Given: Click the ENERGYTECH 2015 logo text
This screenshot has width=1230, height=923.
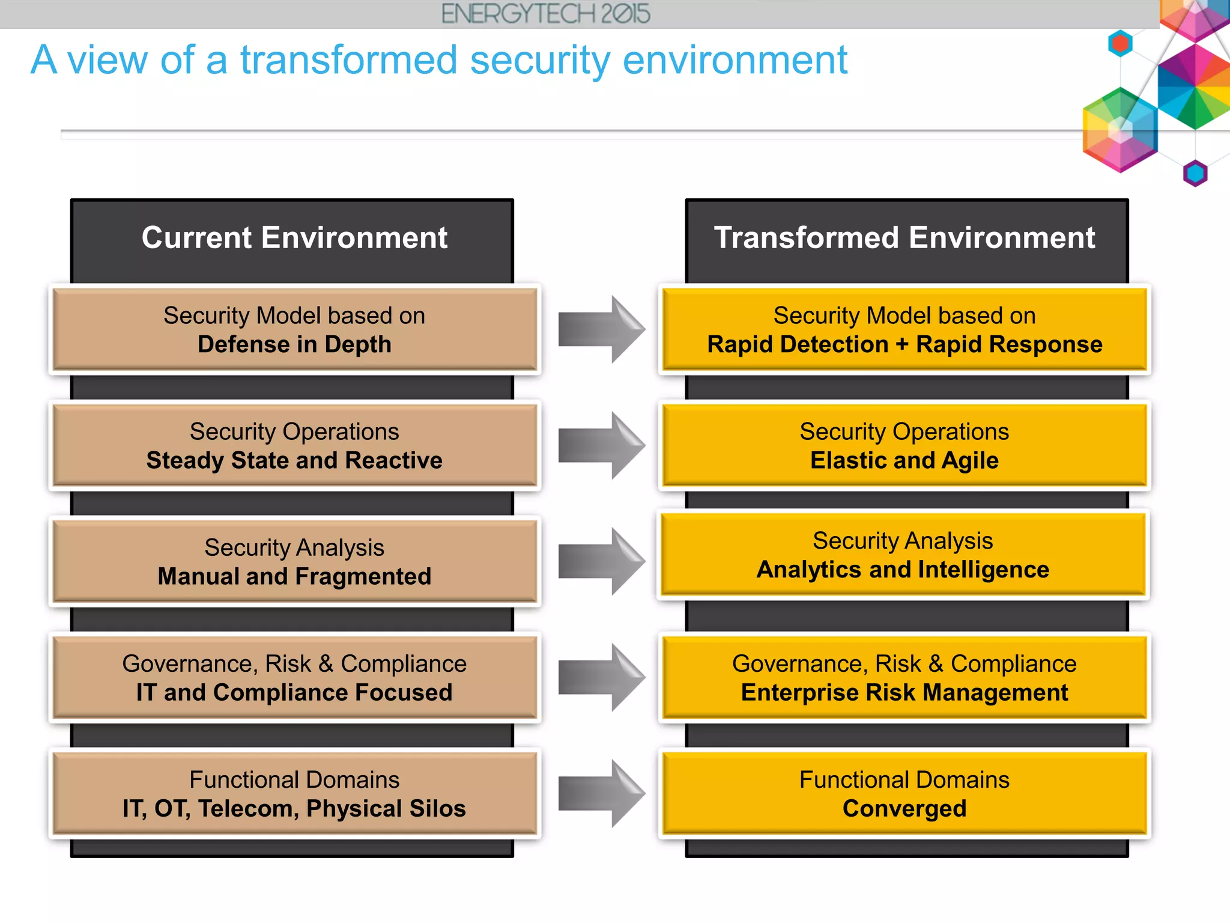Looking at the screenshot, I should coord(545,14).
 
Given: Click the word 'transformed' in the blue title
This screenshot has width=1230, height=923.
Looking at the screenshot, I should coord(348,61).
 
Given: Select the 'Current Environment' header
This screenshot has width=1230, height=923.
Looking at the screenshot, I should coord(294,238).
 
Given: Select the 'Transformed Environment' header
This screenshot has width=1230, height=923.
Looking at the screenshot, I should coord(904,238).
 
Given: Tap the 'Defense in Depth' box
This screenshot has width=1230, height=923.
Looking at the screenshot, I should coord(294,329).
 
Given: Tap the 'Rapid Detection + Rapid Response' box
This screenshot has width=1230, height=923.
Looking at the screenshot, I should coord(904,329).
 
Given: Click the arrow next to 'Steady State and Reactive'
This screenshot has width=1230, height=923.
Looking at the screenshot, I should coord(601,445).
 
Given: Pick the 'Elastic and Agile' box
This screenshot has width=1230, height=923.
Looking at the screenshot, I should coord(904,445).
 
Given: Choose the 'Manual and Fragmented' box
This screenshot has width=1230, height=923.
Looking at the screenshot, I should coord(294,561).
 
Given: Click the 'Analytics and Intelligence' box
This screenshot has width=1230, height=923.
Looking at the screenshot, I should coord(902,555).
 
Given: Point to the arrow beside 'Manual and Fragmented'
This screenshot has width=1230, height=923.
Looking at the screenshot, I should coord(601,561).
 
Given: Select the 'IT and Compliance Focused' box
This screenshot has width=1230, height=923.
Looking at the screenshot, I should coord(294,677).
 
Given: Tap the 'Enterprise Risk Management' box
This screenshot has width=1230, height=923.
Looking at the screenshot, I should coord(904,677).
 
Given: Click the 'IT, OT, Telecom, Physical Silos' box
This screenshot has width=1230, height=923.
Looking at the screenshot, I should coord(294,793).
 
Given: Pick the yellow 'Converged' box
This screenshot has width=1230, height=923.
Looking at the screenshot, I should coord(904,793).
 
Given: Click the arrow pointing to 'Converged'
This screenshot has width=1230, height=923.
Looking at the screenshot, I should coord(601,793).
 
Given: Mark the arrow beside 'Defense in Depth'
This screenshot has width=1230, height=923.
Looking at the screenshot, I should coord(601,329).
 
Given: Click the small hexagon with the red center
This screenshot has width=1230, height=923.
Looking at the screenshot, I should coord(1120,43).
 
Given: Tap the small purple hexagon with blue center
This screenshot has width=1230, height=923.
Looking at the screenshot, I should coord(1195,174).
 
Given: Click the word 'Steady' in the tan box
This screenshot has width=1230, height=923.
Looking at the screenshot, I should coord(184,461).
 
